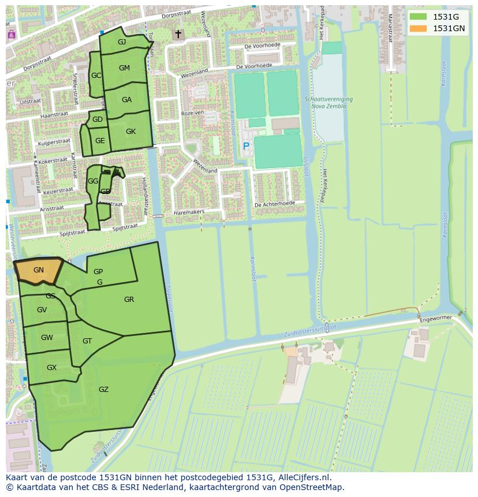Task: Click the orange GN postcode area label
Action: tap(39, 270)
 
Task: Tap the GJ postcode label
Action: tap(122, 42)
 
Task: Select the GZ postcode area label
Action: tap(103, 390)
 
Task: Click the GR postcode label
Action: tap(129, 300)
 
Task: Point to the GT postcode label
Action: tap(87, 341)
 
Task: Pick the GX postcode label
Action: tap(51, 368)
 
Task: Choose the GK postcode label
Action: tap(130, 132)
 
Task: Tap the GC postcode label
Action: tap(96, 76)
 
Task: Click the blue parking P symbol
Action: tap(246, 147)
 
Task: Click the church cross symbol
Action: tap(178, 35)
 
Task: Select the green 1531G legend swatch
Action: tap(418, 17)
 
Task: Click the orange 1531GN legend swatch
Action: tap(418, 28)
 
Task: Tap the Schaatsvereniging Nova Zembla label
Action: tap(328, 103)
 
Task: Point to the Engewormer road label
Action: tap(438, 318)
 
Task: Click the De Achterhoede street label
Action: tap(275, 204)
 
